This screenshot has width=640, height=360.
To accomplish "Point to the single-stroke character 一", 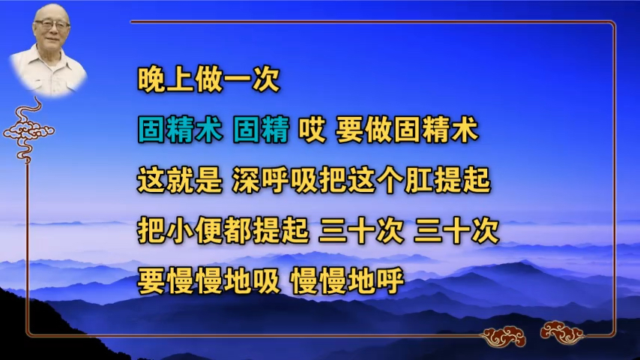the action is [x=237, y=79].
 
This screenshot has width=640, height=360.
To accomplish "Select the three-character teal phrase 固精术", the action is [x=180, y=130].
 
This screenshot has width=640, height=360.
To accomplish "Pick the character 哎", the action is [x=313, y=130].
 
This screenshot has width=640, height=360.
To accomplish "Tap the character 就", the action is [x=180, y=180].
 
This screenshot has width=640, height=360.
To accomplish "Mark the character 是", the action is [x=208, y=180].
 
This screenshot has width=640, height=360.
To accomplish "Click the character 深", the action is [x=247, y=180].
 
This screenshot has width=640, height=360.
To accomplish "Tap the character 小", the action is [x=180, y=230].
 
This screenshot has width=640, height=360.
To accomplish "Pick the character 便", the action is [x=208, y=230].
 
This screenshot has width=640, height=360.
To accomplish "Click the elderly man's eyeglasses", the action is [x=51, y=25].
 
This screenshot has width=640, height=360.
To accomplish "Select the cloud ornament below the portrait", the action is [x=28, y=130].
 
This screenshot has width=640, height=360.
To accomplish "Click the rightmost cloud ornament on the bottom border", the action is [x=562, y=332].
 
